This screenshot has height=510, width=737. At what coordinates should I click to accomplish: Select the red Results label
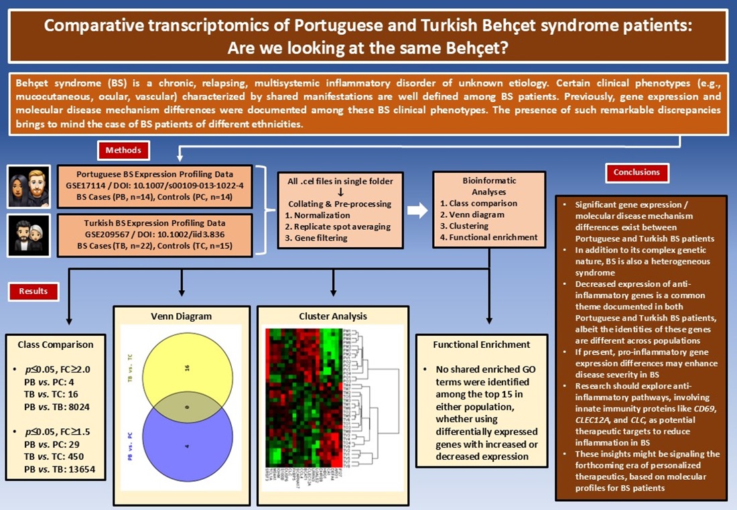(33, 292)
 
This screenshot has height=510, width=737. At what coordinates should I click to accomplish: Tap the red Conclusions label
(636, 172)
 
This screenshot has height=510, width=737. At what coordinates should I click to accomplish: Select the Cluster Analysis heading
(333, 316)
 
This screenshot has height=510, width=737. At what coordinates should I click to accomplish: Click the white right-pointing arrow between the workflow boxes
(417, 210)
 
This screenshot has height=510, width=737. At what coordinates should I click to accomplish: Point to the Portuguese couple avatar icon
(29, 187)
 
